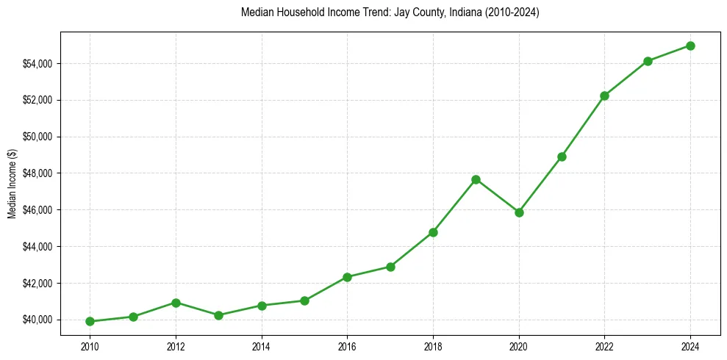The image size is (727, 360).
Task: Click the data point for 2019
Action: [x=476, y=179]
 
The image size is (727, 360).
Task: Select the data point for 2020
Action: [x=519, y=212]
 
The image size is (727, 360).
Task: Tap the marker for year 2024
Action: [x=690, y=46]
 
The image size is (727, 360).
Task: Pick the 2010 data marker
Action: [x=90, y=321]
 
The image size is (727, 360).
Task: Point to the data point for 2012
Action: [x=176, y=303]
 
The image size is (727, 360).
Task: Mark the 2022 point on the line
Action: [x=604, y=96]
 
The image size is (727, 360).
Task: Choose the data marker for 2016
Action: [x=347, y=277]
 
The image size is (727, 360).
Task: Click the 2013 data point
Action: [x=218, y=315]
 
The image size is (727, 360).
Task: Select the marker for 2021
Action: [x=562, y=156]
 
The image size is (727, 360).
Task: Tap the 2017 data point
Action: [x=390, y=267]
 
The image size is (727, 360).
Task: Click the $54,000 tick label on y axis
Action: [x=37, y=64]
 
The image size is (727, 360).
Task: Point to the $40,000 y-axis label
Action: [x=37, y=320]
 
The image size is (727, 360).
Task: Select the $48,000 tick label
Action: [x=37, y=173]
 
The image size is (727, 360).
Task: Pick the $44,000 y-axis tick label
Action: [x=37, y=247]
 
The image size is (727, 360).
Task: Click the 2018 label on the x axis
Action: [x=433, y=346]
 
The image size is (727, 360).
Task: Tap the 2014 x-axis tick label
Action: [x=262, y=346]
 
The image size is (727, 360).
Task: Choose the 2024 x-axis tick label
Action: [x=690, y=346]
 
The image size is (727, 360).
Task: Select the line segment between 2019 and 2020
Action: [x=498, y=196]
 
